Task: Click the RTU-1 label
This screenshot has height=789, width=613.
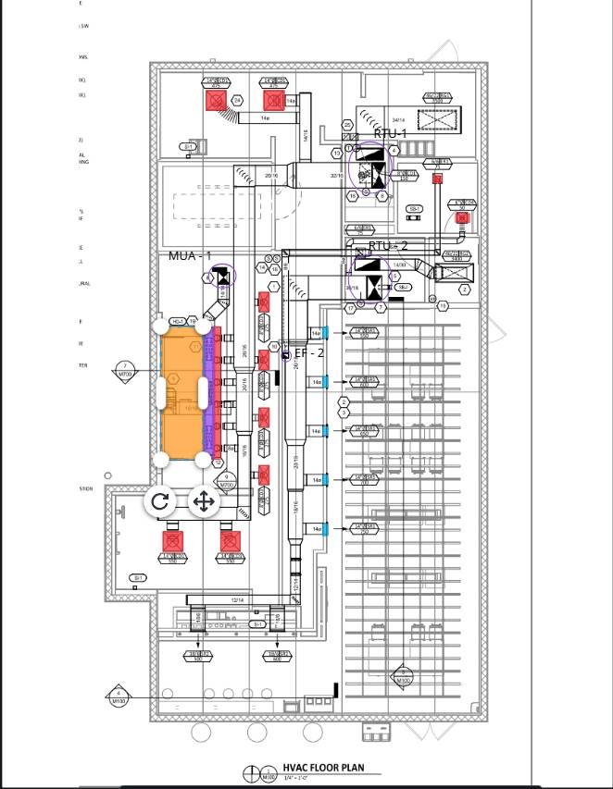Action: [x=390, y=134]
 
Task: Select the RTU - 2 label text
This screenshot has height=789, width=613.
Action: [x=387, y=246]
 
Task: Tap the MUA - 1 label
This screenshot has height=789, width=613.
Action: [x=190, y=255]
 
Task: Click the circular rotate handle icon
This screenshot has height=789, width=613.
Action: [x=159, y=501]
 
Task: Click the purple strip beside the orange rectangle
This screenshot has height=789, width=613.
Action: [x=207, y=389]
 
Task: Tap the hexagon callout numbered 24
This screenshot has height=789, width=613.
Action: [x=237, y=100]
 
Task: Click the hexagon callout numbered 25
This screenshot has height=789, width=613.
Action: [x=347, y=125]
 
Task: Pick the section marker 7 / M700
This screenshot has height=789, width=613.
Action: [x=125, y=370]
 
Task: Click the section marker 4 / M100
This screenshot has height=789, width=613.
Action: [x=119, y=696]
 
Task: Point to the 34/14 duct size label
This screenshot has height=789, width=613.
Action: [x=398, y=120]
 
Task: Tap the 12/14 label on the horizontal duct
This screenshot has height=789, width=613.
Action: [x=238, y=600]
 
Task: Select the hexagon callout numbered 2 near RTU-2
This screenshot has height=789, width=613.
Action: [x=465, y=290]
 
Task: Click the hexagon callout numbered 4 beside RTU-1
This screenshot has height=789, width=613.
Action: [x=394, y=150]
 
